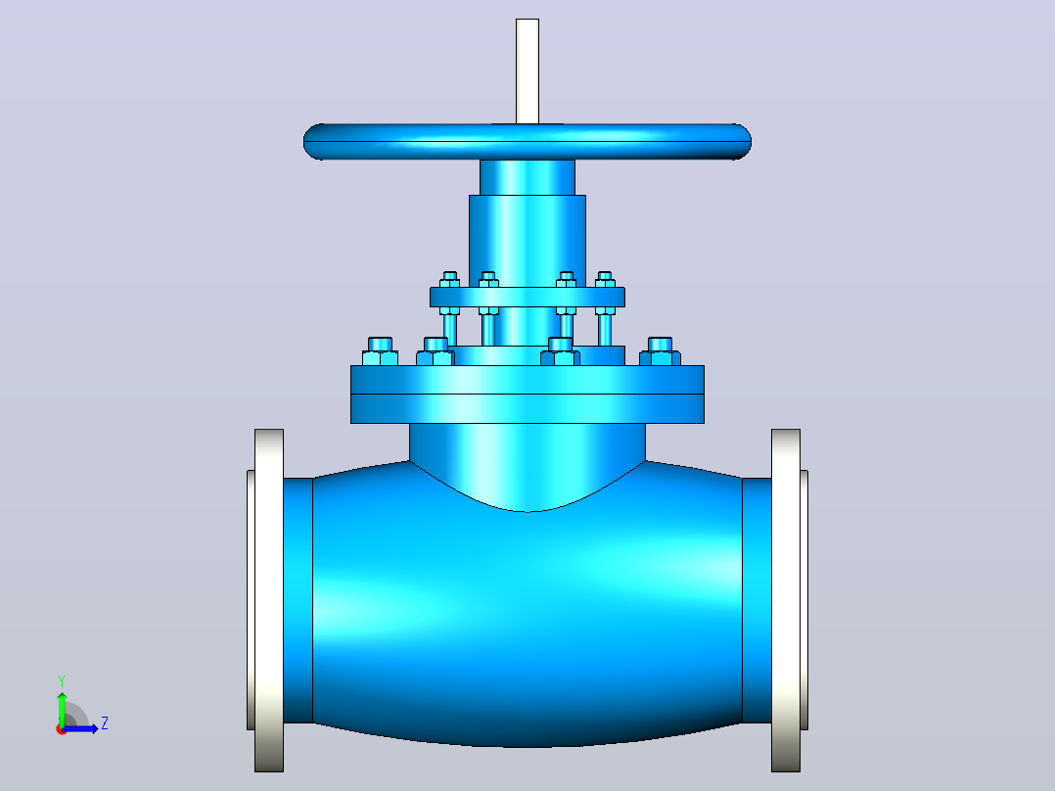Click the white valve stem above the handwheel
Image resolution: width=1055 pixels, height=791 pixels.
[527, 71]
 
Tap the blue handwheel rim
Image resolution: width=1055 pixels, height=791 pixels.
[527, 141]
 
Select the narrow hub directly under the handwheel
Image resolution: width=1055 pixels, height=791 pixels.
[527, 178]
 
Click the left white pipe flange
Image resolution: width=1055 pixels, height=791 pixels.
[268, 600]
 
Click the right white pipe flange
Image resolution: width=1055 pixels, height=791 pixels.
[786, 600]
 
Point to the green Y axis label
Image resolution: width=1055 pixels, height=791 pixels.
[62, 681]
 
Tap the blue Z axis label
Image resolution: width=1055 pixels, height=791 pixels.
[105, 723]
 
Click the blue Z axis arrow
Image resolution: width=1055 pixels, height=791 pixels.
[80, 728]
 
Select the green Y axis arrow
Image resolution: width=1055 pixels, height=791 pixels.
[62, 710]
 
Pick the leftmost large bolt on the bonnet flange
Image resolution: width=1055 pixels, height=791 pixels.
[380, 351]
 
